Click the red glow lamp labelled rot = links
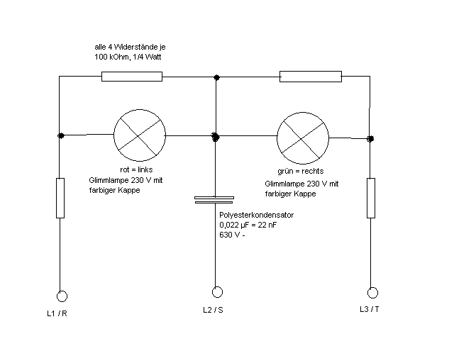tap(140, 135)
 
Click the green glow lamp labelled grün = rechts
tap(303, 136)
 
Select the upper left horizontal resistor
tap(132, 77)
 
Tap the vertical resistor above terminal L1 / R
tap(61, 199)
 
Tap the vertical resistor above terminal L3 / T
tap(371, 199)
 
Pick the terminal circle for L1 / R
tap(62, 296)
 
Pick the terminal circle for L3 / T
tap(371, 292)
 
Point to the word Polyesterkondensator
tap(256, 215)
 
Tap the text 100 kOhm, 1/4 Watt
tap(128, 55)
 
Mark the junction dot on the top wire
tap(216, 77)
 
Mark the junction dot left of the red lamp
tap(62, 135)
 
